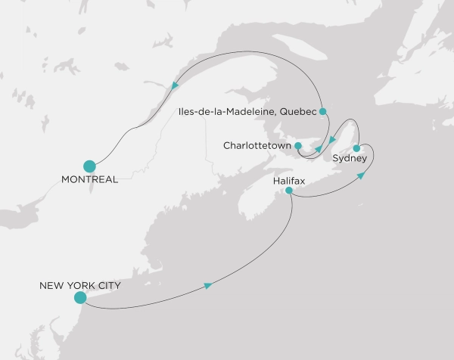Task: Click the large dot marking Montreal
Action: (x=89, y=166)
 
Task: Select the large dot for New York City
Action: (x=79, y=298)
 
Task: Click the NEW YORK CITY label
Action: (x=80, y=287)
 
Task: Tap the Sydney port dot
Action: (x=356, y=147)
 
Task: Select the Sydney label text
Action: (x=350, y=158)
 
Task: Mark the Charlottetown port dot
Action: (x=299, y=145)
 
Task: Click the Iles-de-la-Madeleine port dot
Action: (x=322, y=112)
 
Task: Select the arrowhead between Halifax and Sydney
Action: (x=362, y=175)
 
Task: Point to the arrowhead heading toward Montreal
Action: (x=176, y=85)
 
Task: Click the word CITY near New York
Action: (x=107, y=287)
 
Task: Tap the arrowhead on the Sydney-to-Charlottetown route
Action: (x=331, y=139)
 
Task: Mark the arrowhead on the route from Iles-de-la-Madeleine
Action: (x=319, y=148)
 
